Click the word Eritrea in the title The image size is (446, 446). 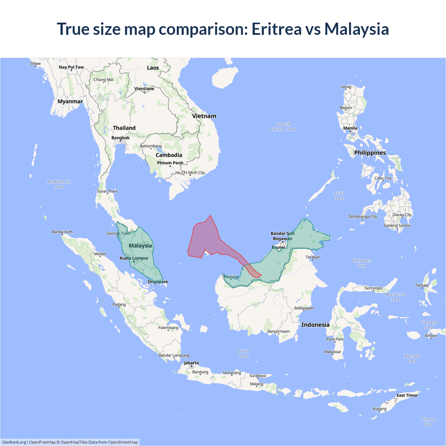pos(277,29)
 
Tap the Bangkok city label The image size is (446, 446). pos(121,138)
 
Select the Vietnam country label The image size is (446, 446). pos(204,116)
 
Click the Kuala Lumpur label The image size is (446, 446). pos(134,258)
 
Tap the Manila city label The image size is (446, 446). pos(350,128)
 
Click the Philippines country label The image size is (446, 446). pos(370,153)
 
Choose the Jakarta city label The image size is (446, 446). pos(191,363)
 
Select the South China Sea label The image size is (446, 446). pos(283,127)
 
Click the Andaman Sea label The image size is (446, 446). pos(59,184)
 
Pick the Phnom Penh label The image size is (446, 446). pos(170,163)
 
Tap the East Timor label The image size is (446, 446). pos(407,395)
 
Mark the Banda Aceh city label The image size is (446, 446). pos(63,232)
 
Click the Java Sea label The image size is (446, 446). pos(244,354)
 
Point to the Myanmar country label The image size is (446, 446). pos(70,101)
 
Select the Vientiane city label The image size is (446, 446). pos(144,89)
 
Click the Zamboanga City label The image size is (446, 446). pos(362,216)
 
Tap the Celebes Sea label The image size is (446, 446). pos(362,263)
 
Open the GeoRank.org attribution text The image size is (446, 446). pos(14,442)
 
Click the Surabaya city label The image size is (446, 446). pos(257,376)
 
